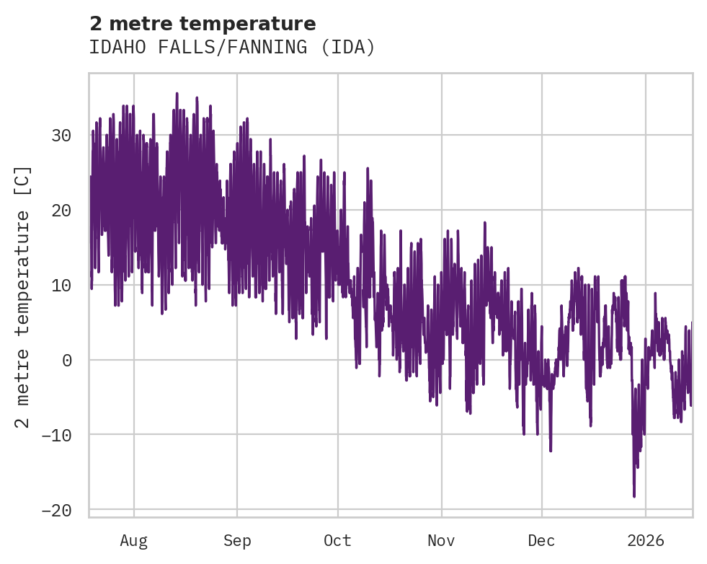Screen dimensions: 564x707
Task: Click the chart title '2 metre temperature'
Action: pos(203,24)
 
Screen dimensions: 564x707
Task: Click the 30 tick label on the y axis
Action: pos(61,136)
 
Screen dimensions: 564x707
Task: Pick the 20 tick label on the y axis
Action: pos(61,211)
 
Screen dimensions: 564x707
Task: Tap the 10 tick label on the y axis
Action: pos(61,285)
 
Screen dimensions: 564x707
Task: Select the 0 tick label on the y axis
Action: pos(66,360)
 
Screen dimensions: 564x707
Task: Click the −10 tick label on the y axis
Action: pos(56,435)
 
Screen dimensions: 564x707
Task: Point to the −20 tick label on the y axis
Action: pos(56,510)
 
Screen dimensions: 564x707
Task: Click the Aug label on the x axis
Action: pos(133,540)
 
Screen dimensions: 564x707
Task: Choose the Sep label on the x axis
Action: pos(236,540)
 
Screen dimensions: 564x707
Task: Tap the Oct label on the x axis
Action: pos(337,540)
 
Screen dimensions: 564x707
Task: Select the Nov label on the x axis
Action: pos(441,540)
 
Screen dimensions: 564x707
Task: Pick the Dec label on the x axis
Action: pos(541,540)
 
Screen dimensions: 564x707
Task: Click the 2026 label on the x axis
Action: pos(646,540)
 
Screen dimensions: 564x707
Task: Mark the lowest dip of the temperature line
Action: pos(634,496)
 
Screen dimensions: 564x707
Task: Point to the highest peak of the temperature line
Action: pos(177,93)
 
